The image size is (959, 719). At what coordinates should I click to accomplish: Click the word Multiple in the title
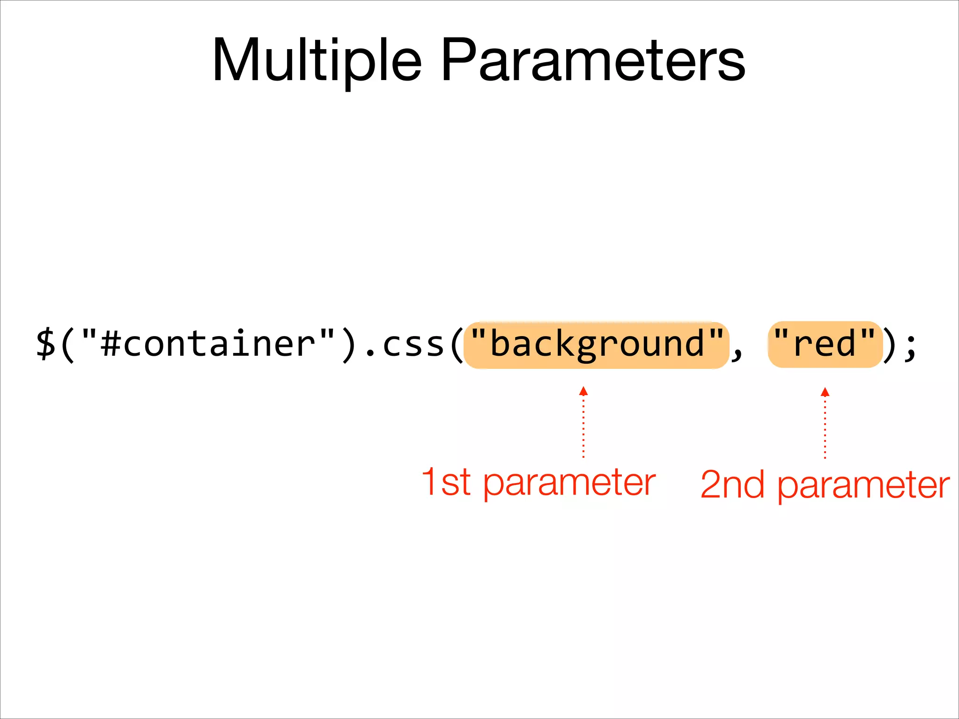tap(317, 61)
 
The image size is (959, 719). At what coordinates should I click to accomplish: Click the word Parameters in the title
tap(592, 61)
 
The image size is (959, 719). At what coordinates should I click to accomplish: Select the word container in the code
tap(219, 344)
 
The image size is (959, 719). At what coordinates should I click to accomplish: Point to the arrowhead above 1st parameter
tap(583, 391)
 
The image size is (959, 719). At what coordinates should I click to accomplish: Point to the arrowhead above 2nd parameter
tap(825, 392)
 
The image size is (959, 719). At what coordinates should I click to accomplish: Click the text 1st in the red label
tap(446, 482)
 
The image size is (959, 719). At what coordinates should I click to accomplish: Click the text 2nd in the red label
tap(732, 485)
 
